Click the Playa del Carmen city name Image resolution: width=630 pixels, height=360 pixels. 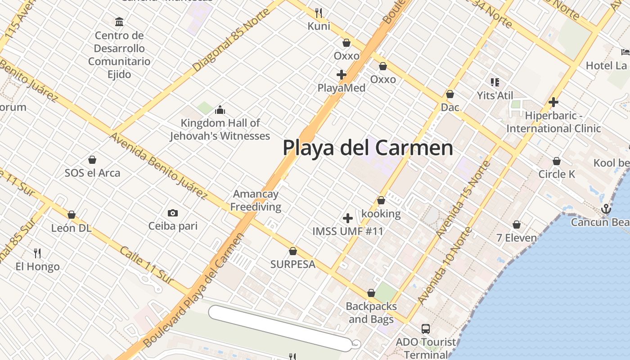tap(368, 148)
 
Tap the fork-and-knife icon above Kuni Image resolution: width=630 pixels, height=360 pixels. tap(319, 13)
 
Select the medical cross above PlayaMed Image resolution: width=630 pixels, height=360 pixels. tap(342, 74)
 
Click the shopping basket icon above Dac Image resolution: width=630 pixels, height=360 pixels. tap(450, 94)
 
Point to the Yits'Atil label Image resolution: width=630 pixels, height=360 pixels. tap(495, 95)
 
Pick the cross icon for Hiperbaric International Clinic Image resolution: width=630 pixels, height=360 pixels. tap(553, 102)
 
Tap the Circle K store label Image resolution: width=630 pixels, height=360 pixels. tap(557, 174)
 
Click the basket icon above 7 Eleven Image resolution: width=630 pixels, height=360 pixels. tap(517, 224)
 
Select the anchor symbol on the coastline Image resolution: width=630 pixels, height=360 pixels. tap(606, 209)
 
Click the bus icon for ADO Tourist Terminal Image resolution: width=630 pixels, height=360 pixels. tap(425, 329)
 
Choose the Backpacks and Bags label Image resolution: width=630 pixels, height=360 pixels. tap(371, 313)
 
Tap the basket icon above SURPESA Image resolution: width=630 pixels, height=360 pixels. tap(292, 251)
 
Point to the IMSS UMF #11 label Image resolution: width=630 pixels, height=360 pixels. tap(348, 231)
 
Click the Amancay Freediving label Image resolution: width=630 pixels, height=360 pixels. tap(256, 201)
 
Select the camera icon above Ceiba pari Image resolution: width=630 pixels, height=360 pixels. tap(172, 213)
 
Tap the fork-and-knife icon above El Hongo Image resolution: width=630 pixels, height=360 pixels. tap(37, 253)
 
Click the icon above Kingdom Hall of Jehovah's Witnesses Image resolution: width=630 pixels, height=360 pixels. tap(220, 110)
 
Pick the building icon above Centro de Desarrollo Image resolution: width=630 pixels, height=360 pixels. tap(119, 22)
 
